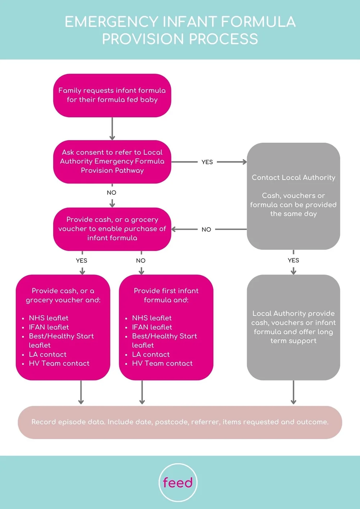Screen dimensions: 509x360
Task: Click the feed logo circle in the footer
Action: tap(178, 482)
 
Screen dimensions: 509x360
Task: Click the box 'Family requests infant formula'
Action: tap(112, 95)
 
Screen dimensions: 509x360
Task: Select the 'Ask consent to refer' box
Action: tap(112, 162)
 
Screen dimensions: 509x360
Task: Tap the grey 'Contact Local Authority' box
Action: tap(293, 196)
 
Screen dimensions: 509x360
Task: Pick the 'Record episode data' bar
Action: tap(180, 422)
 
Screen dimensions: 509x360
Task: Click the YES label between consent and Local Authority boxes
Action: tap(207, 162)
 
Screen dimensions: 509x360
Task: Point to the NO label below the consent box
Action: tap(112, 193)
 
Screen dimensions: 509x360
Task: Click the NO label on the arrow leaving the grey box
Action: tap(206, 229)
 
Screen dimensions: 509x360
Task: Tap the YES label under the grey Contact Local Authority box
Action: tap(293, 260)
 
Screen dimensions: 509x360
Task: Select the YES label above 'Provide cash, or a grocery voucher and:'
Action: tap(82, 260)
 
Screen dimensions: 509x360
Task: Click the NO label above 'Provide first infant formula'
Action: tap(141, 260)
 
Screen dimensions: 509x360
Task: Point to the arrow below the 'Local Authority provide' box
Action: tap(293, 392)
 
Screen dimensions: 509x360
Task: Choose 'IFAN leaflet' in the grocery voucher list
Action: tap(49, 327)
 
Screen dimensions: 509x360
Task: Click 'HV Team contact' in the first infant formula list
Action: tap(162, 364)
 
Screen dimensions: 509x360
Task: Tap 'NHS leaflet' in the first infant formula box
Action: tap(152, 318)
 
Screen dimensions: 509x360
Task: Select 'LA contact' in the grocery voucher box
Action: tap(48, 355)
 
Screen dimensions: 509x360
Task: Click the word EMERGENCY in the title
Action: tap(111, 22)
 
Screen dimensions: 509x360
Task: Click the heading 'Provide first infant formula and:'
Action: tap(166, 295)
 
